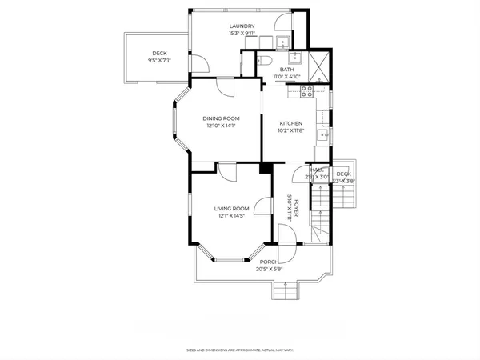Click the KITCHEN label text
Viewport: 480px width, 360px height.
290,122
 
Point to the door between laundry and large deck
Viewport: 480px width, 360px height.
198,62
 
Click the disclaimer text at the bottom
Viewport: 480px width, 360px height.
239,350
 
